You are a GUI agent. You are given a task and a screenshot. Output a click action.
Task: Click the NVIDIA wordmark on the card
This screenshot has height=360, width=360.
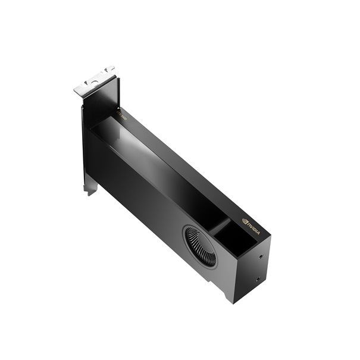click(253, 227)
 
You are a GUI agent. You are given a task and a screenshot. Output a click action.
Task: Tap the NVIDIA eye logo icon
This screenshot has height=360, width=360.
click(245, 221)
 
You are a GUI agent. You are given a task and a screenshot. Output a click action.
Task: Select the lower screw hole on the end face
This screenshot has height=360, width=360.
click(256, 278)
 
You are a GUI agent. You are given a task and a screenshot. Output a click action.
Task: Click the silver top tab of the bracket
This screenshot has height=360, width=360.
click(94, 81)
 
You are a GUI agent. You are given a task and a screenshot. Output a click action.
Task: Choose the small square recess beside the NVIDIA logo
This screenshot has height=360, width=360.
click(234, 238)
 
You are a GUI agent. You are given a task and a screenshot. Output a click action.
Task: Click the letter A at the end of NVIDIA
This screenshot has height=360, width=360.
click(258, 231)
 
